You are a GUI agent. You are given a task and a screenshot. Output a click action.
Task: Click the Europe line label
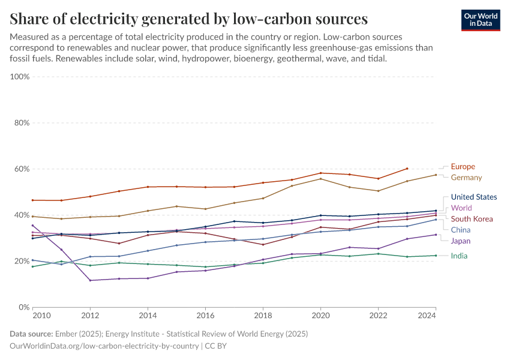(463, 166)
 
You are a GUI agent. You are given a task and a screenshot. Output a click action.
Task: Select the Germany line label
(466, 178)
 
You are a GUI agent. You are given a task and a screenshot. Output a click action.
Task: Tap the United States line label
(473, 197)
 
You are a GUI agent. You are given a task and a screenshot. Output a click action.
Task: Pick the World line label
(461, 208)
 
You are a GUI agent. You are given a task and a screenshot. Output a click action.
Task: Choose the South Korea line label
(472, 219)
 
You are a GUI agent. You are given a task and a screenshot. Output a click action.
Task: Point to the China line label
(460, 230)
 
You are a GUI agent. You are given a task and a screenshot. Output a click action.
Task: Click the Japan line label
(461, 241)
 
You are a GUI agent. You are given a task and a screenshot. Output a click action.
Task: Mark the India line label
(459, 256)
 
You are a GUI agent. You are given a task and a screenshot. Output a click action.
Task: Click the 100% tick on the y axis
(20, 77)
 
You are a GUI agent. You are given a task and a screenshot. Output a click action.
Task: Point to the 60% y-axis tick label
(22, 169)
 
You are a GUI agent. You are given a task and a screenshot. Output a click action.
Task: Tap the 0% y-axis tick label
(25, 307)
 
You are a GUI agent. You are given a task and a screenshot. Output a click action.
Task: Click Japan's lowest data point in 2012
(91, 280)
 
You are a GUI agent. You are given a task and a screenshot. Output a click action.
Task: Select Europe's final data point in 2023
(407, 169)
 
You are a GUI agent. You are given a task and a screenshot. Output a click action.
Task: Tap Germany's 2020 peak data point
(320, 179)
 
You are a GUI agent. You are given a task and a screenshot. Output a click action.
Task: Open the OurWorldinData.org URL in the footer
(105, 346)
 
